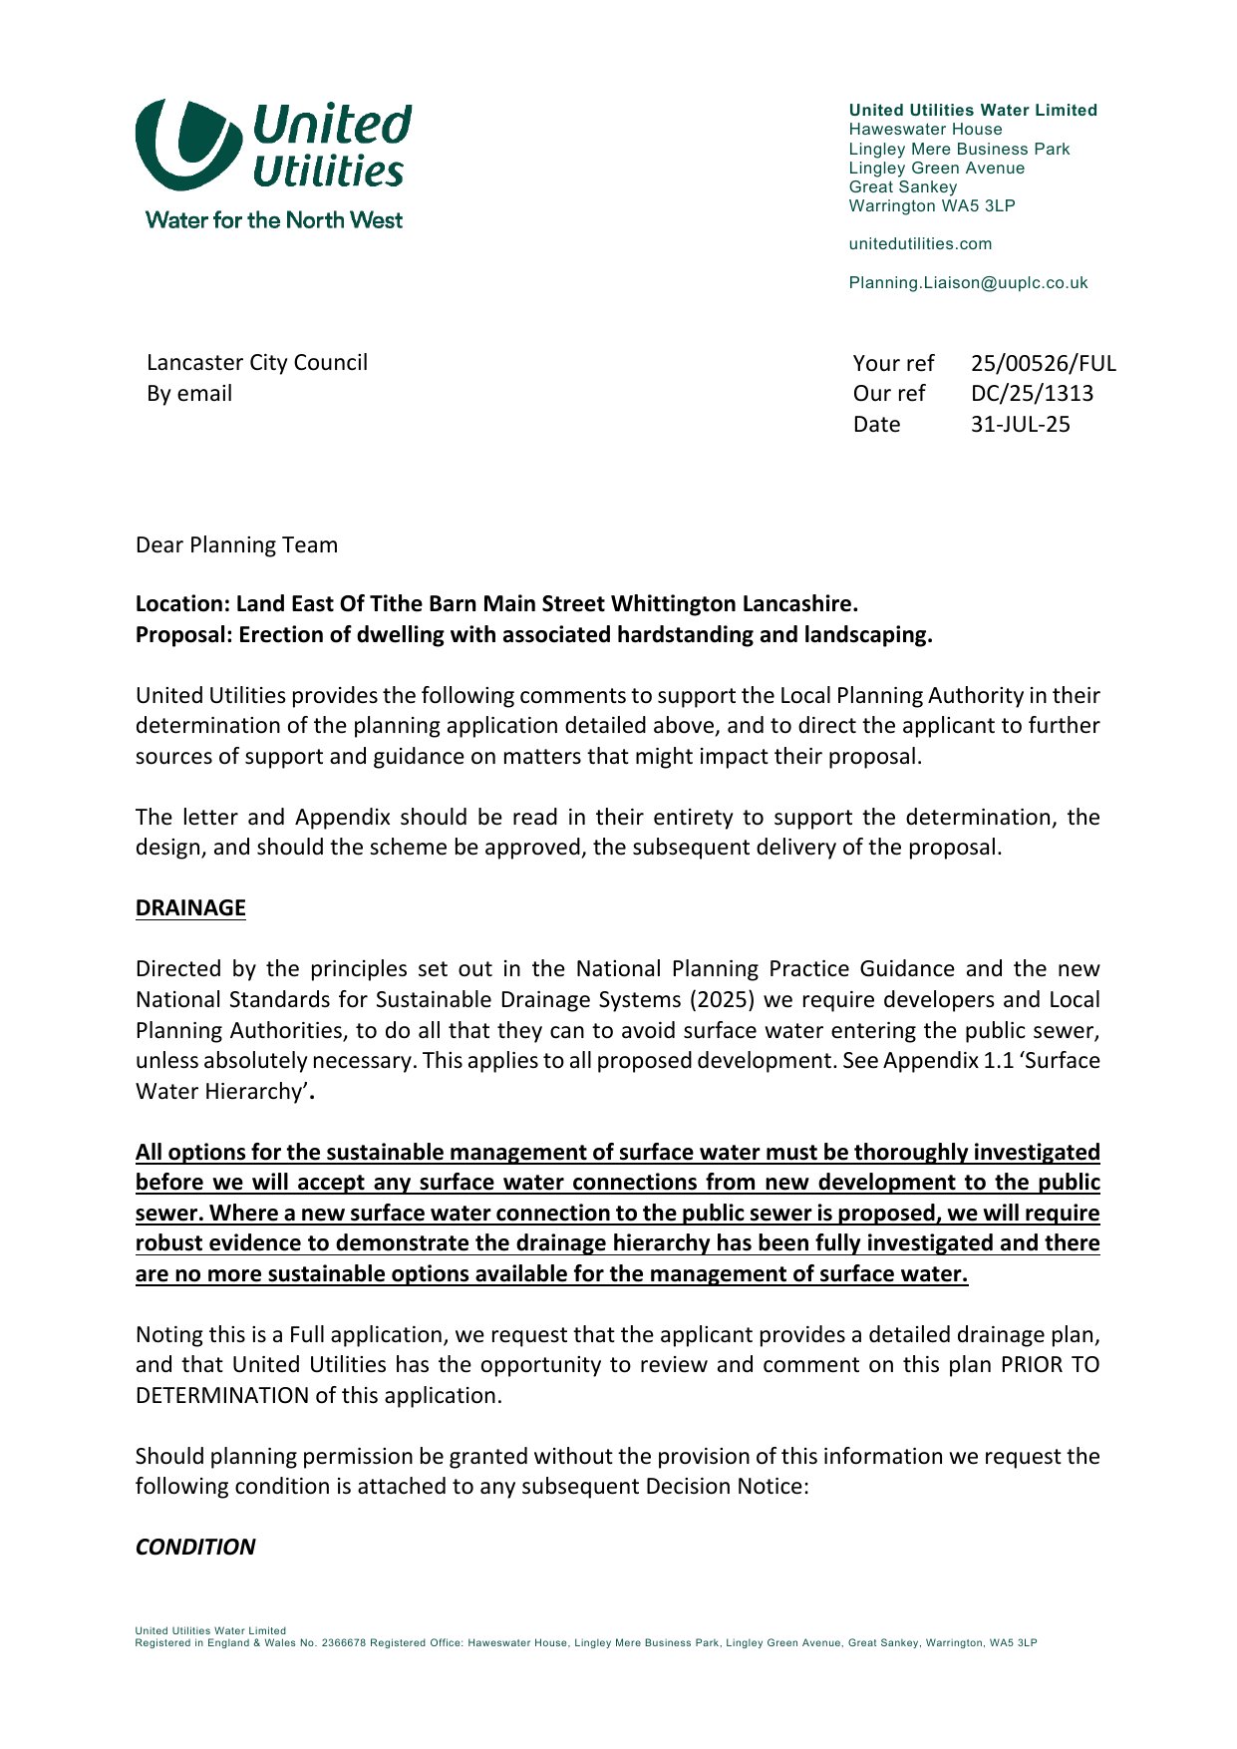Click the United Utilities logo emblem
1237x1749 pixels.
(187, 145)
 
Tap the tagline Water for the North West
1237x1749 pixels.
(274, 220)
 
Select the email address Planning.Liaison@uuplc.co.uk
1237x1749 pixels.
(968, 283)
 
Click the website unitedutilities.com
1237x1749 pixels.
(920, 244)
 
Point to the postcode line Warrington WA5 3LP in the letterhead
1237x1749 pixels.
(932, 206)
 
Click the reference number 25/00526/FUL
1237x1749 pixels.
(1043, 363)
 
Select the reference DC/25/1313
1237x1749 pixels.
(1032, 394)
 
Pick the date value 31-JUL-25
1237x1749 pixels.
(1020, 425)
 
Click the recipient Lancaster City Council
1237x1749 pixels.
(257, 363)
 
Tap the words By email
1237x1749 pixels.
(189, 394)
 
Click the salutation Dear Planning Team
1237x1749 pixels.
(236, 545)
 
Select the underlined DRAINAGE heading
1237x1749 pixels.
(190, 908)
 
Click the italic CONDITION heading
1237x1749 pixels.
(195, 1547)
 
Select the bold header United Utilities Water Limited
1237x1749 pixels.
(973, 111)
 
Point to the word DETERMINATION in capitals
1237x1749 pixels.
(221, 1396)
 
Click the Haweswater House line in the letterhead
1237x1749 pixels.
(925, 130)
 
